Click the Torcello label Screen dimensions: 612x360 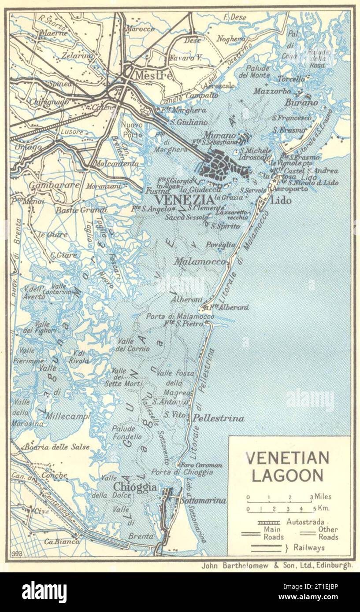[291, 79]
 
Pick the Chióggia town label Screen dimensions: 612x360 [135, 487]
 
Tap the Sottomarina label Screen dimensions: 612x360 [203, 501]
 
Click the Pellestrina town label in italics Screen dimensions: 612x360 [219, 418]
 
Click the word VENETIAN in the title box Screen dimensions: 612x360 [287, 458]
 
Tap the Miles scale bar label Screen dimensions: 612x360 [323, 497]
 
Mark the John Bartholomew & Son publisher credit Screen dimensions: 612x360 [276, 566]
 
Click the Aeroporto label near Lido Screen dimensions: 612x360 [290, 188]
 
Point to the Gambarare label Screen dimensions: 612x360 [55, 185]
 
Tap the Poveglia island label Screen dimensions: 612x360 [221, 245]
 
